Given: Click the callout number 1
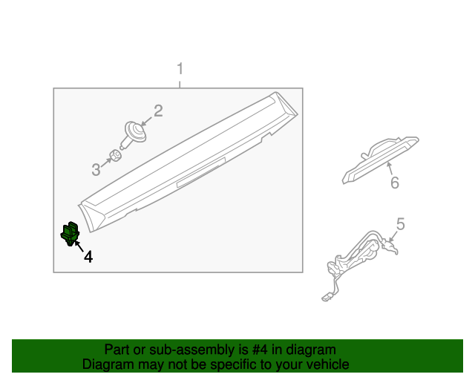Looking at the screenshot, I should (180, 70).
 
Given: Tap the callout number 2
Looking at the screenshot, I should (158, 111).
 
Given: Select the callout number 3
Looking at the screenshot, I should (96, 170).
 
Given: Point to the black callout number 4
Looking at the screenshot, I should (88, 257).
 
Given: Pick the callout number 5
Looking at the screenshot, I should (400, 223).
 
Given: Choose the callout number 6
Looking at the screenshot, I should (394, 183).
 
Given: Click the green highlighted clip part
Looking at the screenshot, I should (69, 234).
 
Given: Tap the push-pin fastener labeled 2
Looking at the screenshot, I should (134, 134).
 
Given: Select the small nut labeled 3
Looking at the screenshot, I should (114, 157).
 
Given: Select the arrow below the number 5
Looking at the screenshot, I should (393, 237).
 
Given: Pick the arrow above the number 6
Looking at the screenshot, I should (389, 170).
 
